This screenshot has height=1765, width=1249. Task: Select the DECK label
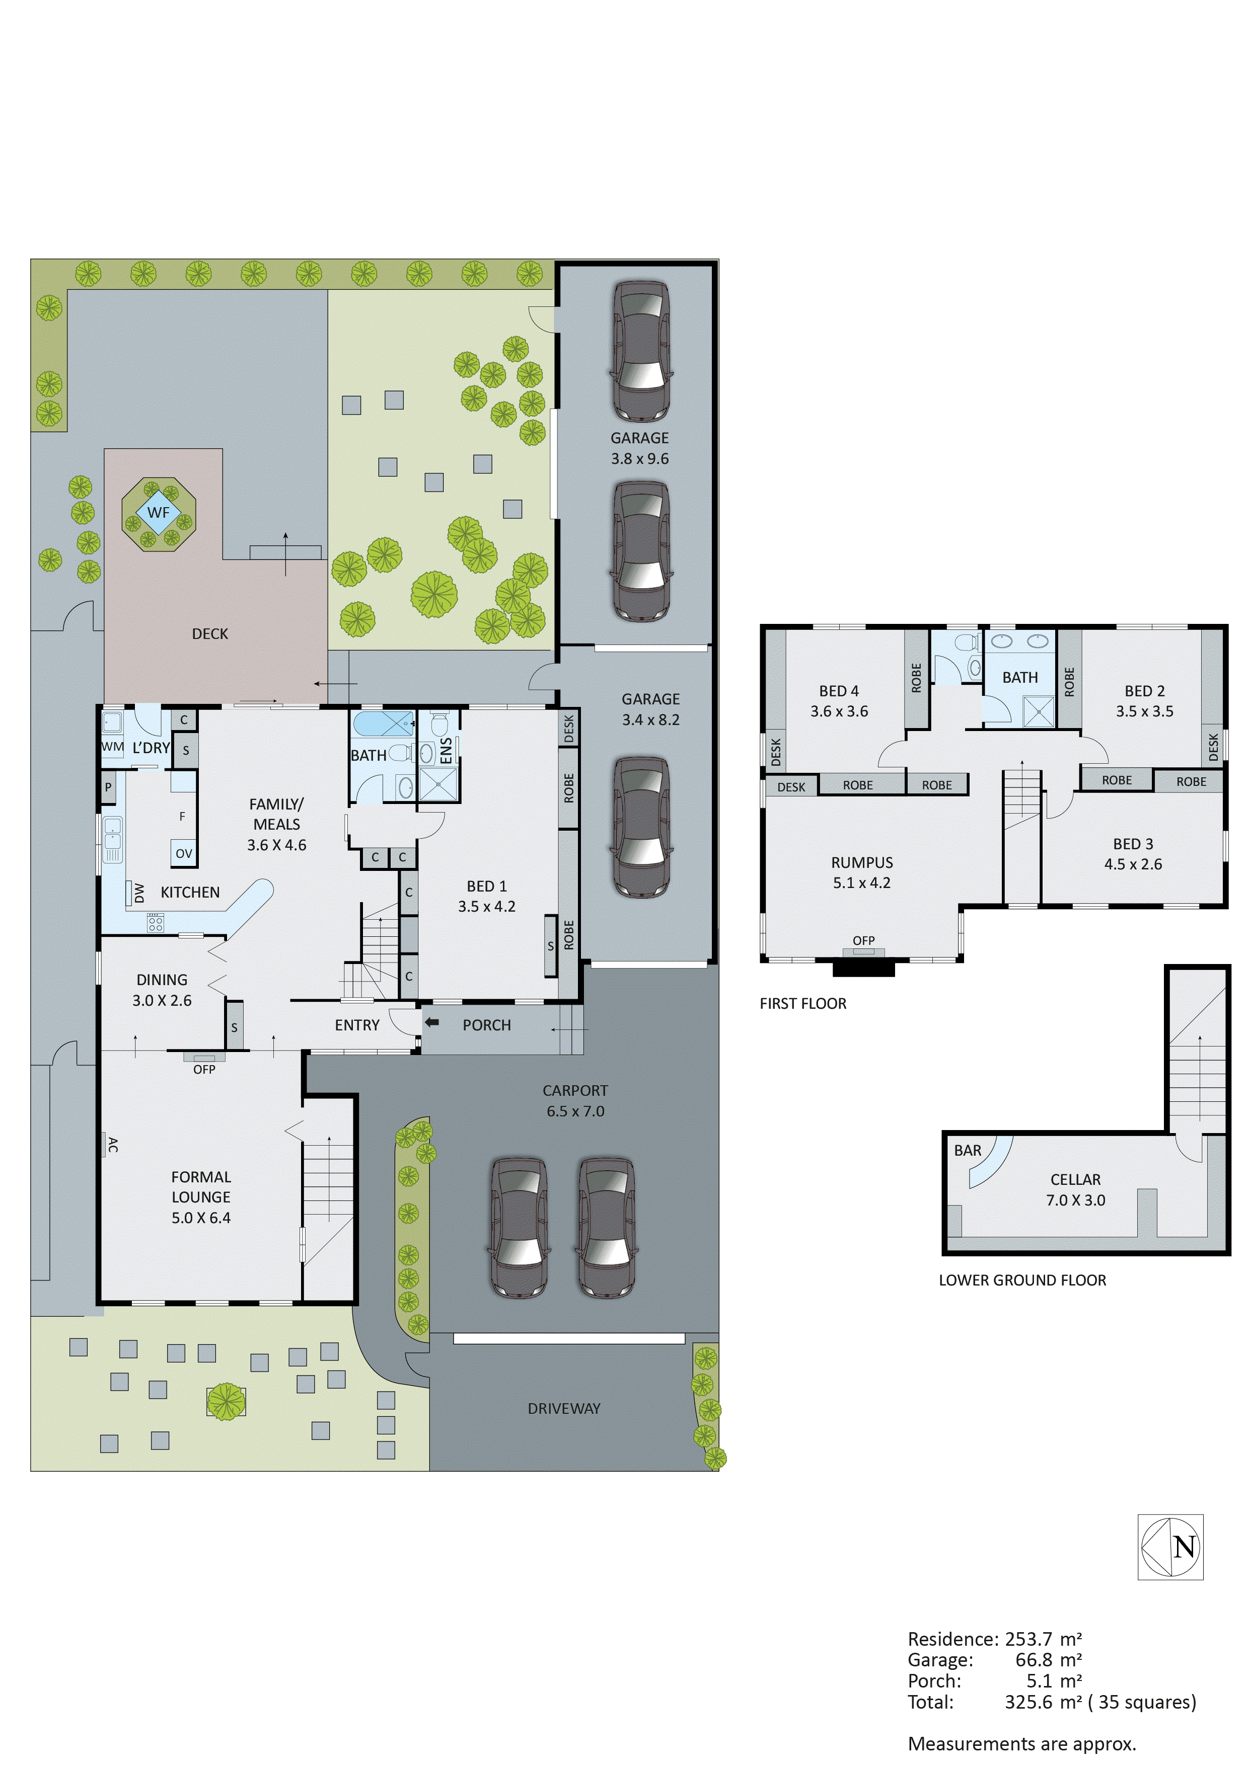[x=210, y=633]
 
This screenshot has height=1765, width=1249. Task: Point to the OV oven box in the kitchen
[x=184, y=853]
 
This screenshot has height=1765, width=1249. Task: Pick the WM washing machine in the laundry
[x=112, y=747]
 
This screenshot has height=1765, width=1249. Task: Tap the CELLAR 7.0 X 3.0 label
[x=1075, y=1189]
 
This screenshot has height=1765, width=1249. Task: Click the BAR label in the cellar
[x=968, y=1151]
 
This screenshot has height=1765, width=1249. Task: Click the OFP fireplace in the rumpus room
[x=864, y=941]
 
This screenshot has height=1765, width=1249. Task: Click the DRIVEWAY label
[x=564, y=1408]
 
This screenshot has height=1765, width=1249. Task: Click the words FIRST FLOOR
[x=803, y=1003]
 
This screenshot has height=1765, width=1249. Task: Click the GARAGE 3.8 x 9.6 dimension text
[x=640, y=458]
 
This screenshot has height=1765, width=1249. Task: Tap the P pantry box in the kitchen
[x=108, y=787]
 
